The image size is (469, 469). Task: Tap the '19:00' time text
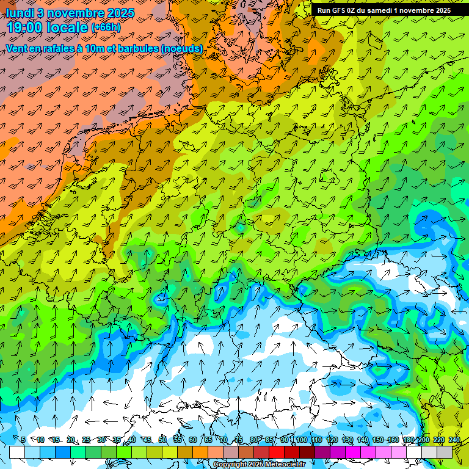pyautogui.click(x=28, y=27)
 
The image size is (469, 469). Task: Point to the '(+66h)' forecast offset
pyautogui.click(x=106, y=28)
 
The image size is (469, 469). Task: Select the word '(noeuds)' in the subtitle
pyautogui.click(x=181, y=48)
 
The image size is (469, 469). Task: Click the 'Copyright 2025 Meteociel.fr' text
pyautogui.click(x=259, y=465)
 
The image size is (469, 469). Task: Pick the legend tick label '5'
pyautogui.click(x=23, y=440)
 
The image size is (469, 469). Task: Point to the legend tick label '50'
pyautogui.click(x=162, y=440)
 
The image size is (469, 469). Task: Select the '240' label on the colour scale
pyautogui.click(x=454, y=440)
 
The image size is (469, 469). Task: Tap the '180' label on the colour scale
pyautogui.click(x=408, y=440)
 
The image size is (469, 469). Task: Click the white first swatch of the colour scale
pyautogui.click(x=17, y=452)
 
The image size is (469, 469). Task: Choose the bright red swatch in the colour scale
pyautogui.click(x=277, y=452)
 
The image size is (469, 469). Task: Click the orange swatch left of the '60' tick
pyautogui.click(x=185, y=452)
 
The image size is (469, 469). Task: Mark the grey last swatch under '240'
pyautogui.click(x=445, y=452)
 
